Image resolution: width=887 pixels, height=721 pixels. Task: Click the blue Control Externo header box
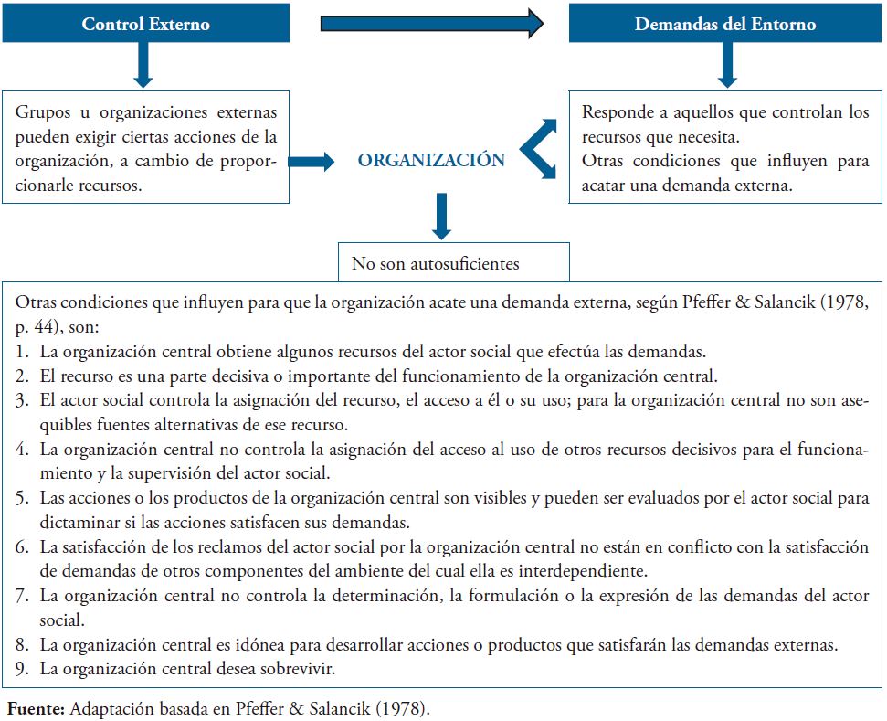[145, 24]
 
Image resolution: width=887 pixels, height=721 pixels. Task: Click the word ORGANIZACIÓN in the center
[431, 160]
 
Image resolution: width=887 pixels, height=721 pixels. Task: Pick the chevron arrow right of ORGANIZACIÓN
[538, 148]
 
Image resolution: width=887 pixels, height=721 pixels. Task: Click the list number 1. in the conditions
[22, 351]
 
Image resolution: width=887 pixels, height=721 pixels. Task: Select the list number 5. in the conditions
[22, 498]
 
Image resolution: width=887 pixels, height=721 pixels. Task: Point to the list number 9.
[22, 668]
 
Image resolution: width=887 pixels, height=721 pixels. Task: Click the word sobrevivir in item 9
[303, 668]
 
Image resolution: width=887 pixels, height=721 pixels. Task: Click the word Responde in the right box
[614, 113]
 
